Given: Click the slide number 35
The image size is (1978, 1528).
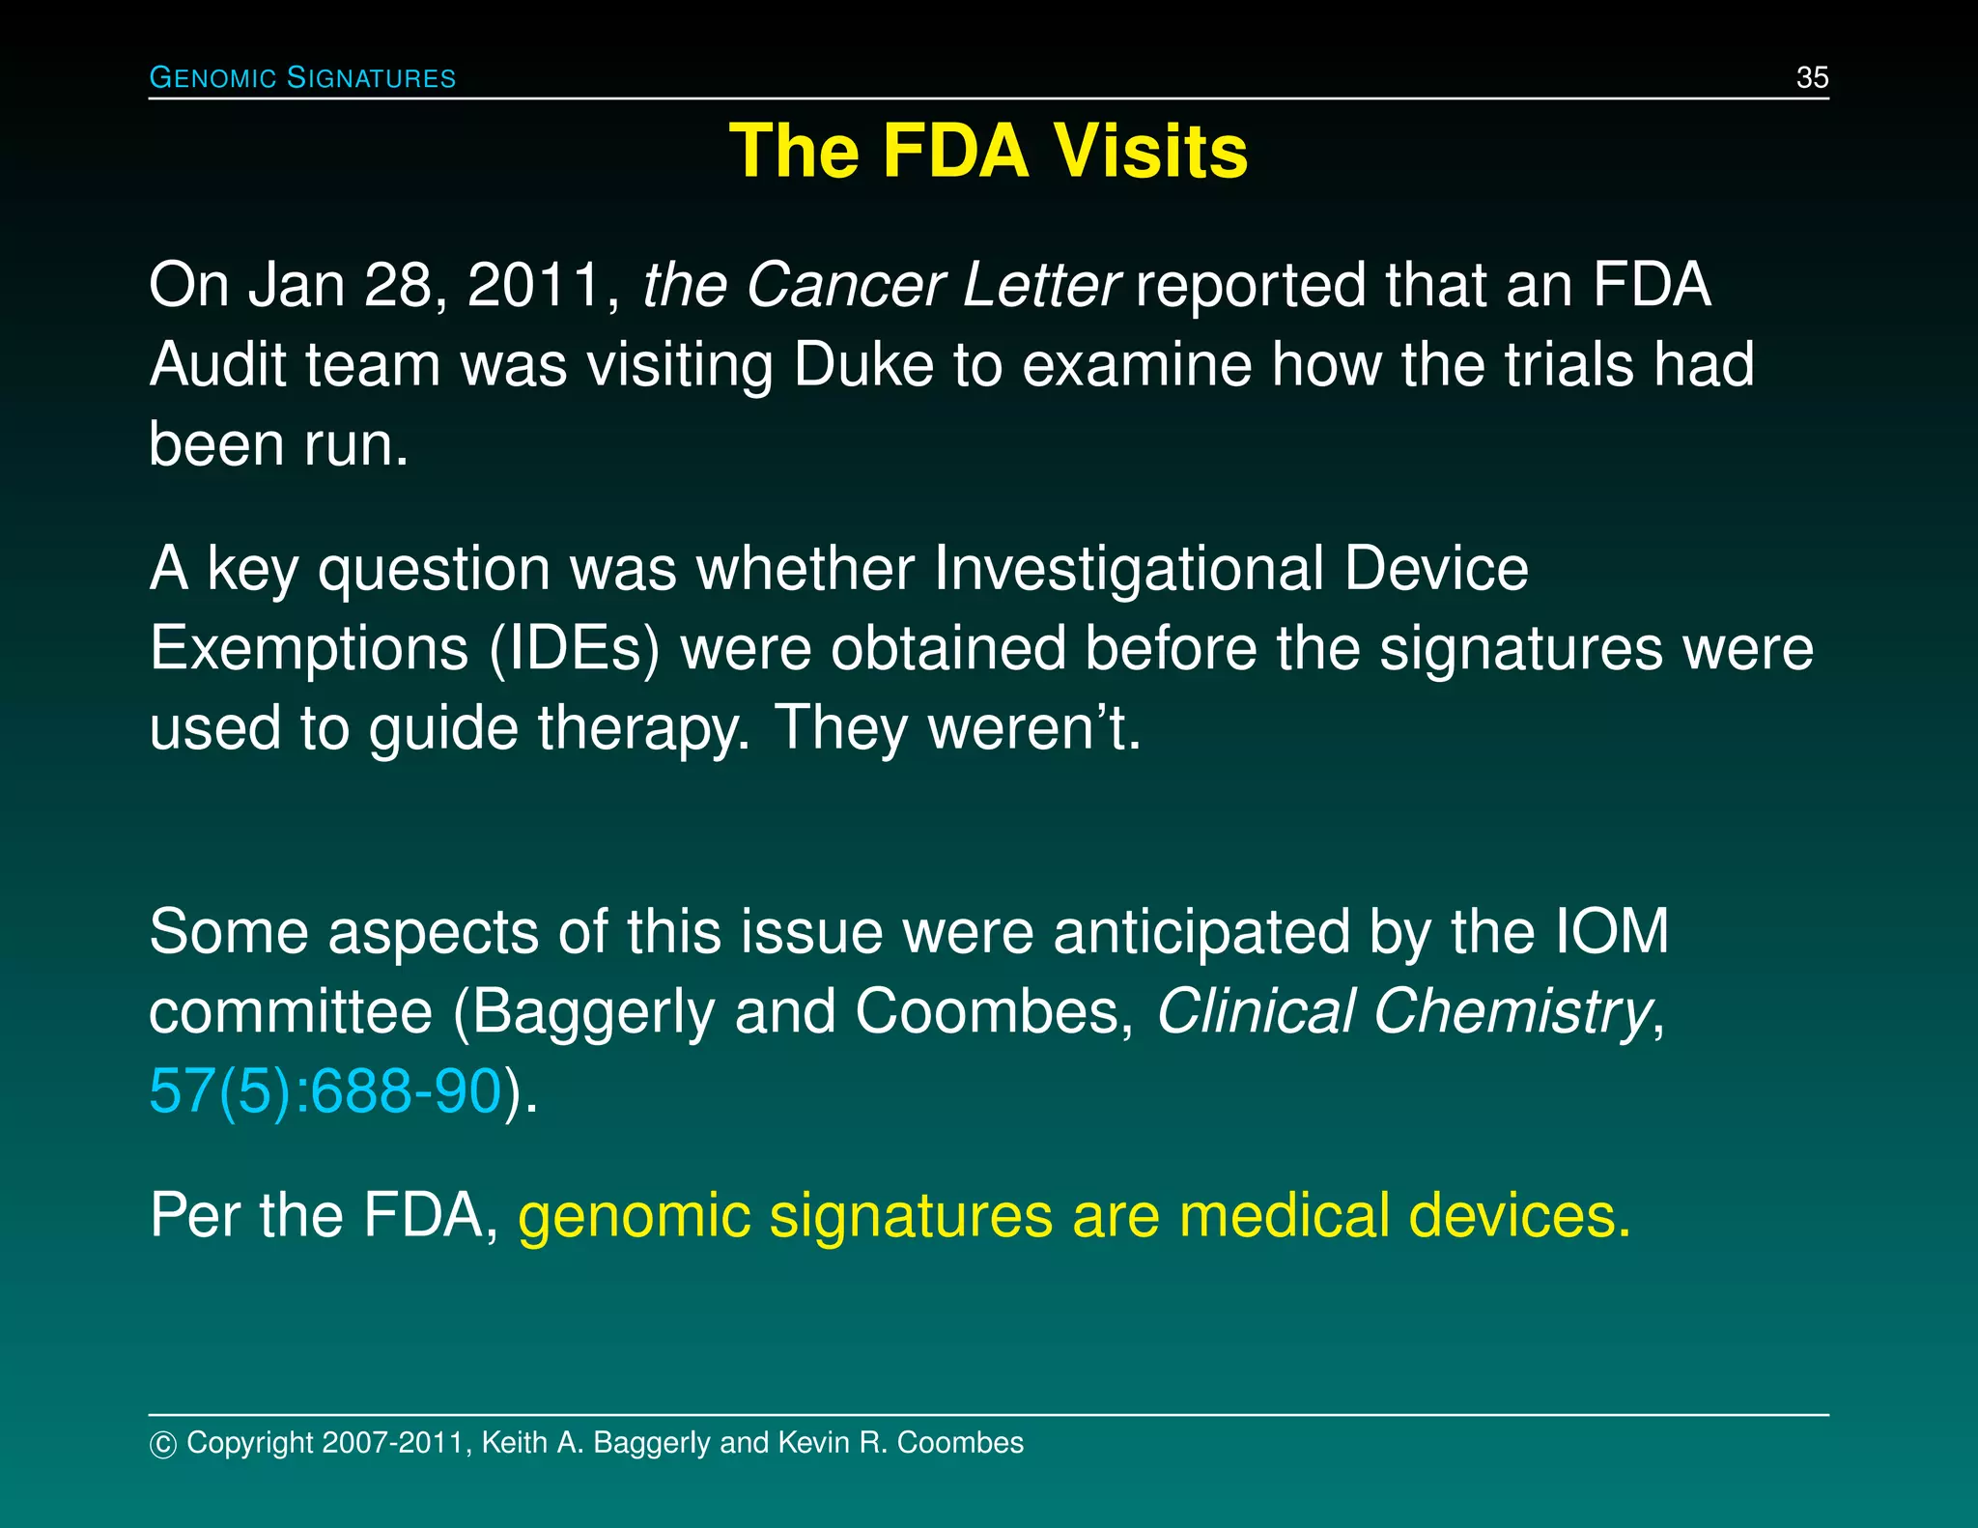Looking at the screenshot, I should pyautogui.click(x=1812, y=77).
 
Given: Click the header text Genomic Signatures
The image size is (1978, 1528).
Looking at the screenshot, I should pyautogui.click(x=302, y=77).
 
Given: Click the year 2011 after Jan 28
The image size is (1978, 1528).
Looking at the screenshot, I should pyautogui.click(x=537, y=286).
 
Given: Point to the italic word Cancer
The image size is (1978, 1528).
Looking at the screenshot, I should pyautogui.click(x=845, y=286).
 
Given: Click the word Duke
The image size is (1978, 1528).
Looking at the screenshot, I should pyautogui.click(x=863, y=365).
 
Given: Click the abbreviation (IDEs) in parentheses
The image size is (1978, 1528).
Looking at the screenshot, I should pyautogui.click(x=574, y=648).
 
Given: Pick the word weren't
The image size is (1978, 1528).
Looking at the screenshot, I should pyautogui.click(x=1034, y=727).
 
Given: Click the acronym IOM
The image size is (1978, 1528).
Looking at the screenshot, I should pyautogui.click(x=1612, y=932).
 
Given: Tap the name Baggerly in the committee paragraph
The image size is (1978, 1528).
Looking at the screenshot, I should pyautogui.click(x=593, y=1012).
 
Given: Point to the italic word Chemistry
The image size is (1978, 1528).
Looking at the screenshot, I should pyautogui.click(x=1512, y=1012).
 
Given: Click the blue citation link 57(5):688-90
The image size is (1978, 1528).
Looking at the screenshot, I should pyautogui.click(x=325, y=1092).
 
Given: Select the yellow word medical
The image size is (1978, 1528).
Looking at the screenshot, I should pyautogui.click(x=1284, y=1215).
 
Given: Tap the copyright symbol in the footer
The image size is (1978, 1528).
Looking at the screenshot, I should pyautogui.click(x=163, y=1444).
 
